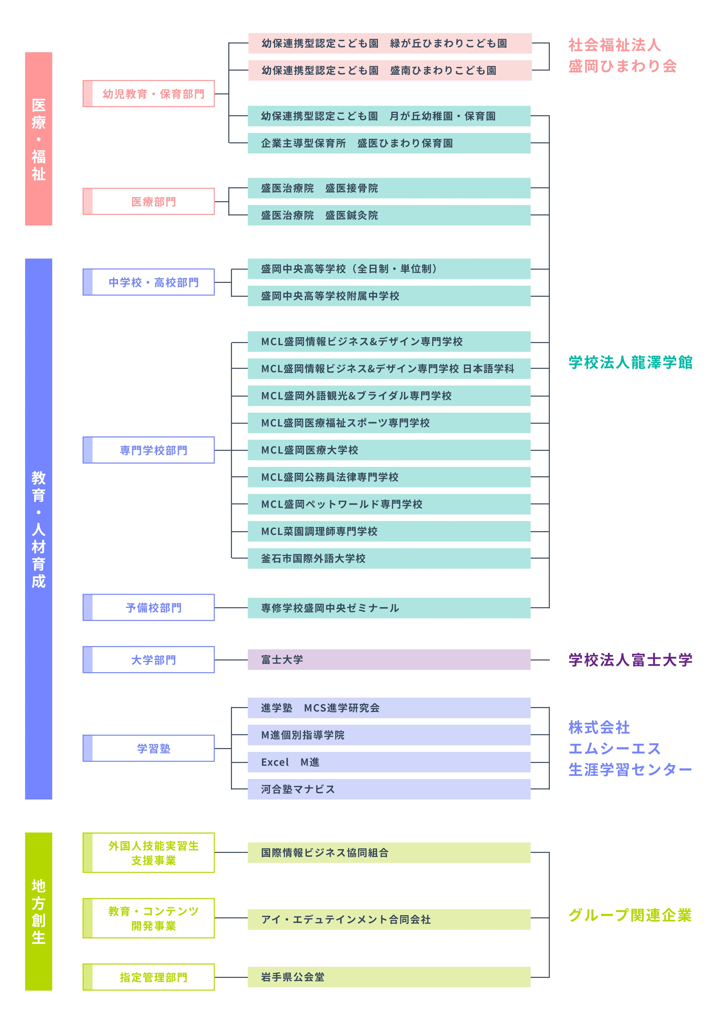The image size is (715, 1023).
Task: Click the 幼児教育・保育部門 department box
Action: [149, 93]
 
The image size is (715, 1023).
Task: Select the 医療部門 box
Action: [149, 201]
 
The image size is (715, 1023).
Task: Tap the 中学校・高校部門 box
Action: [149, 282]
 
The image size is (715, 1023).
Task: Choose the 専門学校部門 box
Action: [149, 450]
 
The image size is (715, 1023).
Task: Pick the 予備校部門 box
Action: [149, 607]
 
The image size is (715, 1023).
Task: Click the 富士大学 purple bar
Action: [389, 660]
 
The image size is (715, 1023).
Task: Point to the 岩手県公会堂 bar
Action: [389, 977]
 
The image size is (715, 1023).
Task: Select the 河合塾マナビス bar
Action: [389, 789]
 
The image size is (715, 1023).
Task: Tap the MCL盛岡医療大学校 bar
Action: [389, 450]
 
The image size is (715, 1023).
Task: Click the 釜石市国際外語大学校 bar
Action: [389, 558]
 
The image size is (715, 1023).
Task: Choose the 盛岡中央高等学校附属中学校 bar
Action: [389, 296]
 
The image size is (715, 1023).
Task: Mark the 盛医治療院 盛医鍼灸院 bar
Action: [389, 215]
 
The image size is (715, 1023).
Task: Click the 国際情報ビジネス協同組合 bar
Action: [389, 852]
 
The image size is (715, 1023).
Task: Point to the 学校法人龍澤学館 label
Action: [630, 362]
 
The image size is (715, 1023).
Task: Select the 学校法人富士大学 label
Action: [630, 660]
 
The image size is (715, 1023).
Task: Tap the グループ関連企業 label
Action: [630, 915]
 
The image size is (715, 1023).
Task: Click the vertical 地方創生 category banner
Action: [39, 911]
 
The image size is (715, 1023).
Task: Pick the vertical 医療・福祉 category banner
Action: [39, 139]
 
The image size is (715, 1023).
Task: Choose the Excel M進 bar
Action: [389, 762]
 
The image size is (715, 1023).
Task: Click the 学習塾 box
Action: [149, 748]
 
